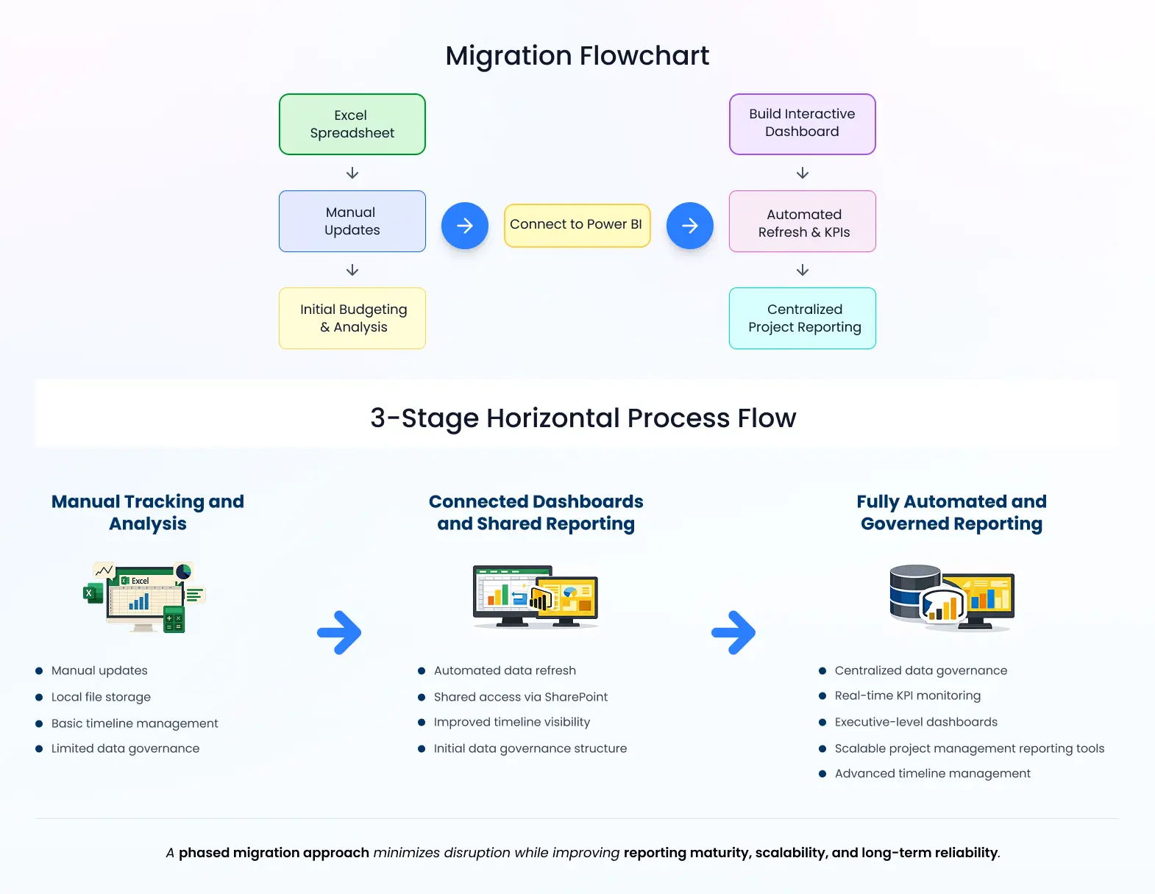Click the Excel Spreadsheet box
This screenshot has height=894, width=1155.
click(352, 124)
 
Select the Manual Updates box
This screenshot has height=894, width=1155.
click(352, 221)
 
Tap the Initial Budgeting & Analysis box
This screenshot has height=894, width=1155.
click(352, 318)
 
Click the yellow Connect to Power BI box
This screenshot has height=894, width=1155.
click(577, 225)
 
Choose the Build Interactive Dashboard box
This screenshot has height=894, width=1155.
click(802, 124)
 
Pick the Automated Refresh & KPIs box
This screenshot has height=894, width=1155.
click(802, 222)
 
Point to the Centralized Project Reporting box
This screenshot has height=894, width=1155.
click(802, 318)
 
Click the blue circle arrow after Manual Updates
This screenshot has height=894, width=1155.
click(464, 226)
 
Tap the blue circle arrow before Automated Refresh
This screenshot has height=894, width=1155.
click(689, 226)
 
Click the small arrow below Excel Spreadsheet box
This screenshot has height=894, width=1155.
click(352, 173)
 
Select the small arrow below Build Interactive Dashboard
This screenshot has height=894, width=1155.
click(803, 173)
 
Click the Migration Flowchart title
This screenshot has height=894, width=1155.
click(577, 56)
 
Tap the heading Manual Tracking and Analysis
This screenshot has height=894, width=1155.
click(148, 512)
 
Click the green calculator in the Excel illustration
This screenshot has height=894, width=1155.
click(174, 620)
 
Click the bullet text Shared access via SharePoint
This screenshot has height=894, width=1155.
click(520, 697)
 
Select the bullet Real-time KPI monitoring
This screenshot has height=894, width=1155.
click(907, 695)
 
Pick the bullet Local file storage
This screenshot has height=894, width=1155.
click(101, 697)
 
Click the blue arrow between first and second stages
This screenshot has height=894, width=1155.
click(339, 632)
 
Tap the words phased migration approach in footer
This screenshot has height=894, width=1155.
click(274, 853)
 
